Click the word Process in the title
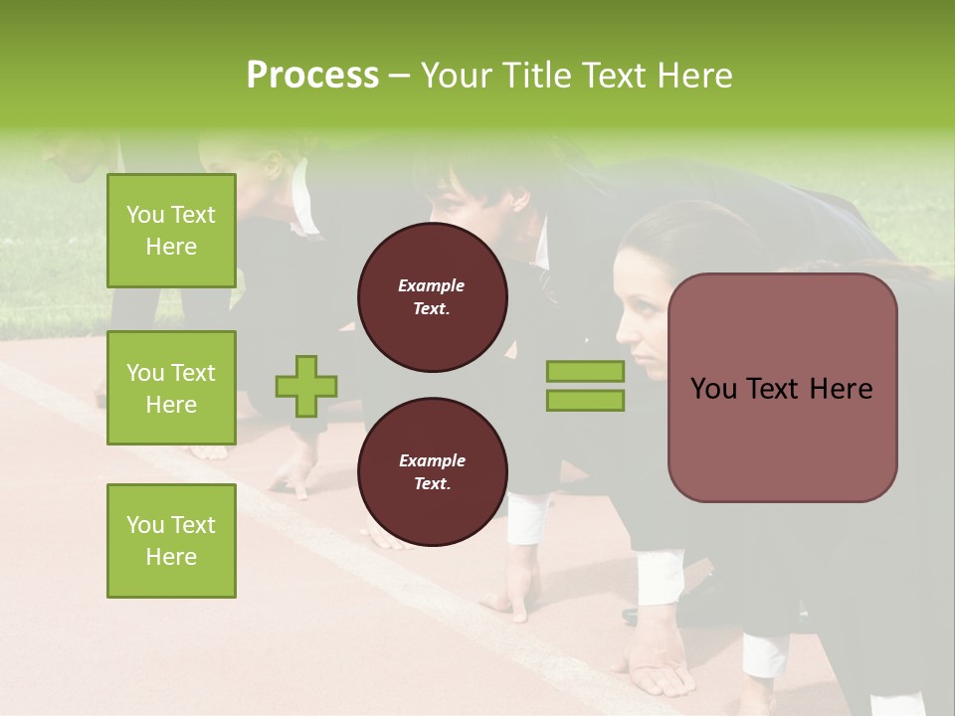[312, 76]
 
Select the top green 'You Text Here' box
[171, 231]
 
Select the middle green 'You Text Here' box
[171, 388]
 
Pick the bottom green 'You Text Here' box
[171, 541]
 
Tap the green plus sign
[306, 387]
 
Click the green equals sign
[586, 386]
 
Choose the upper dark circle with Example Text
[432, 297]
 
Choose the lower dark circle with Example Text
[432, 472]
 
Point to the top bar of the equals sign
[586, 372]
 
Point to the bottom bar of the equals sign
[586, 401]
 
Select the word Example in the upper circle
[432, 285]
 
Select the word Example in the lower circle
[432, 460]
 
